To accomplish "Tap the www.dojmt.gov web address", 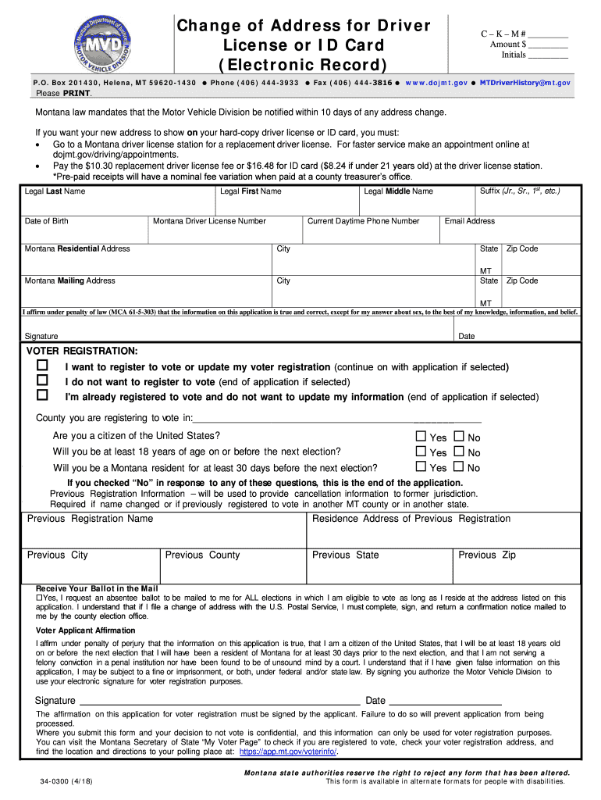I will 436,82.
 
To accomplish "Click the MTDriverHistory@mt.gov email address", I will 525,82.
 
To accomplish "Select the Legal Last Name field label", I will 55,191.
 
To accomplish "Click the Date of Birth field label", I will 47,221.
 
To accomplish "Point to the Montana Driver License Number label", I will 209,221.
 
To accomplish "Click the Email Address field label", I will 469,221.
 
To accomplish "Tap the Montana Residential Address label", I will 77,248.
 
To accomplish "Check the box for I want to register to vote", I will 42,366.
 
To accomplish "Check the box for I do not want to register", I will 42,380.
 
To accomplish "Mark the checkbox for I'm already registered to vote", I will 42,395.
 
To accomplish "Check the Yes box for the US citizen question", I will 421,437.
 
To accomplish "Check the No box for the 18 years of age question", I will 459,452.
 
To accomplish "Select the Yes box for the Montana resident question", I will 421,467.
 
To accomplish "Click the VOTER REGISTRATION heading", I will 83,351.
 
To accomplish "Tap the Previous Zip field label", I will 487,555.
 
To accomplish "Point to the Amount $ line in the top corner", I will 524,45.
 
